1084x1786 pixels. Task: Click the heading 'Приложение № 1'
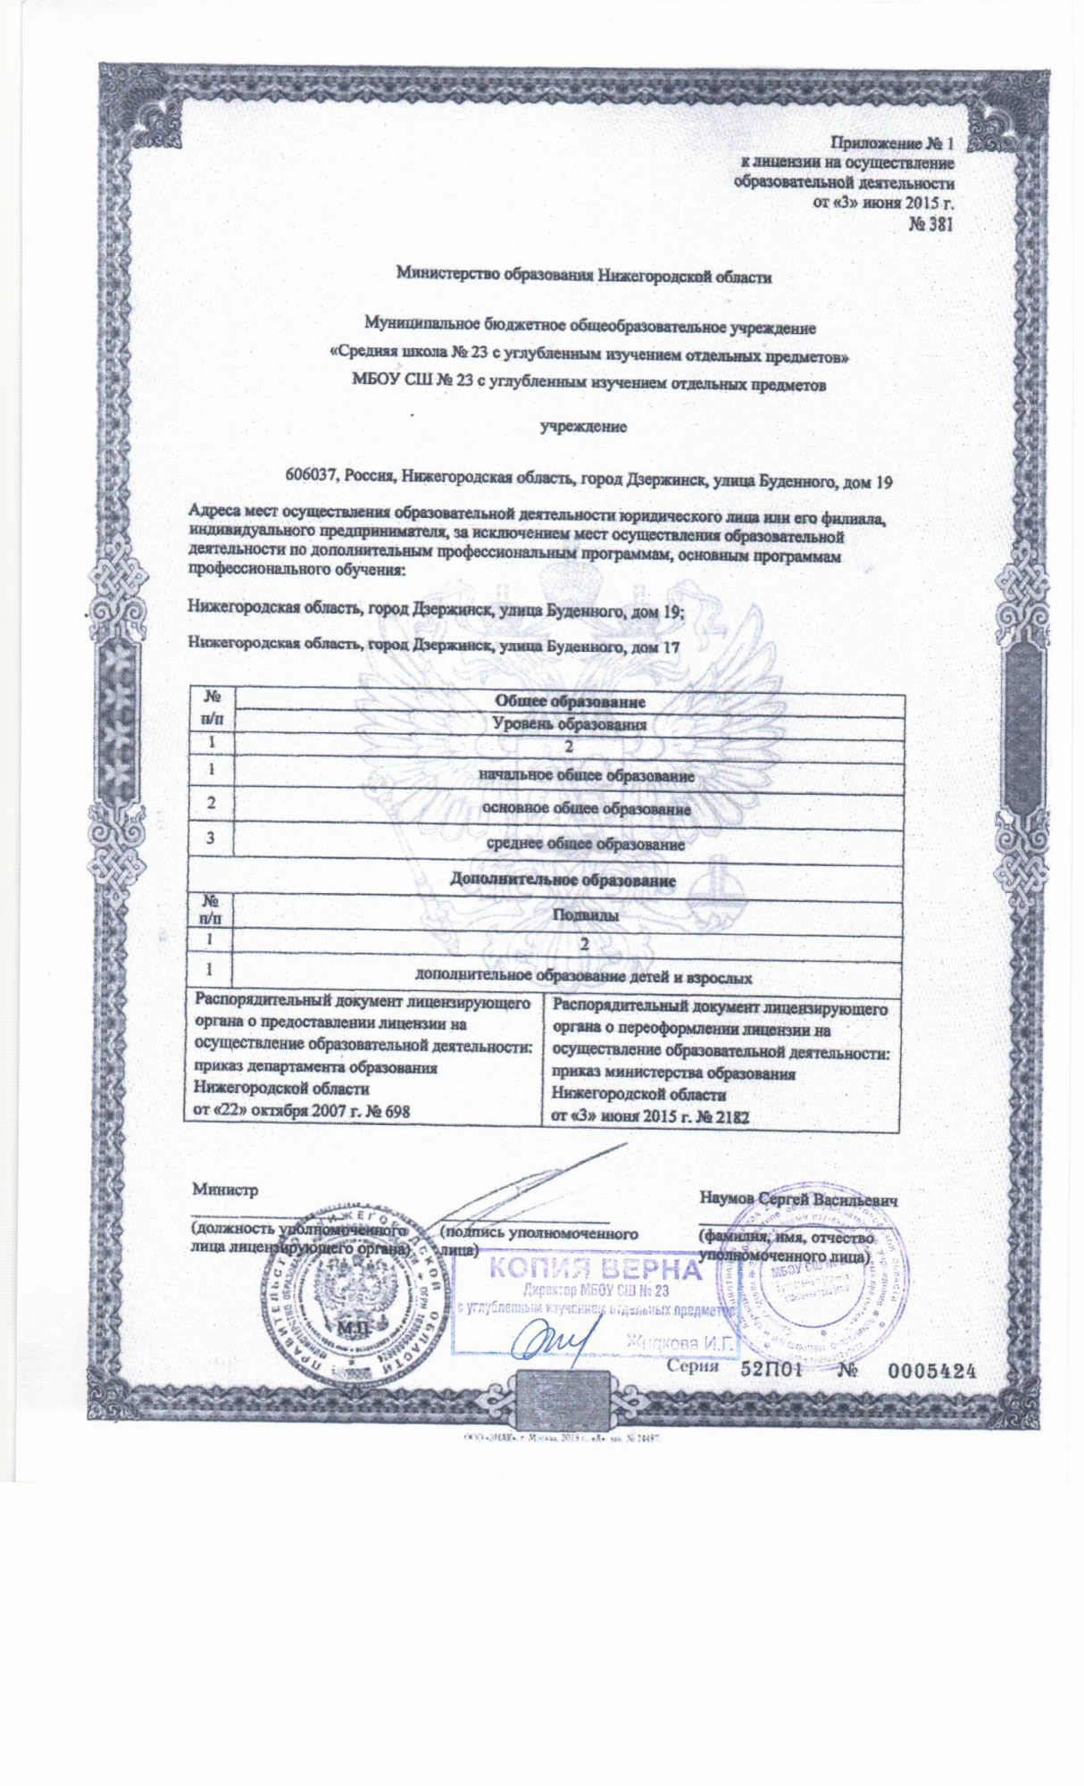click(892, 143)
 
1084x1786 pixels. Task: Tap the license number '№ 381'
click(930, 224)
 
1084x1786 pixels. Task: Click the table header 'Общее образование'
click(570, 703)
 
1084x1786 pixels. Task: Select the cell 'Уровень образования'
click(570, 724)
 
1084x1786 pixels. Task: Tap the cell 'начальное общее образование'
click(586, 776)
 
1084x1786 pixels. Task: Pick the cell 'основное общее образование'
click(586, 809)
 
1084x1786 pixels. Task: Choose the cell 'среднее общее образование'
click(586, 843)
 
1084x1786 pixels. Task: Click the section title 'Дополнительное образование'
click(562, 880)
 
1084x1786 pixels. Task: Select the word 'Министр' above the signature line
click(225, 1189)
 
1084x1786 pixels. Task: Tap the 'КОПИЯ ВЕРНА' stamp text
click(593, 1269)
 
